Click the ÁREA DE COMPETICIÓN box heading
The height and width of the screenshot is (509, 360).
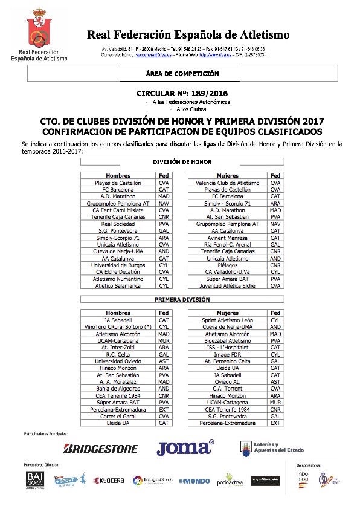click(182, 73)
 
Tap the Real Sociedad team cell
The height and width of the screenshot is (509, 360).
click(118, 224)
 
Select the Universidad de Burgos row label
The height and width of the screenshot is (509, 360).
click(118, 265)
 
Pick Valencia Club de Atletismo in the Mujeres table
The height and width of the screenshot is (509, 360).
click(228, 183)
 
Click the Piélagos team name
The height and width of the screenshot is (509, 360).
click(228, 265)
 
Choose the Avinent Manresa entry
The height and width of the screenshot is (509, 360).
click(228, 238)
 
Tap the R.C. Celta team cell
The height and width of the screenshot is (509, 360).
click(118, 355)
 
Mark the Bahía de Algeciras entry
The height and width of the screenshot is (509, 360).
click(118, 389)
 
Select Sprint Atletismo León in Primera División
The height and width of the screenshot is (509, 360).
click(228, 320)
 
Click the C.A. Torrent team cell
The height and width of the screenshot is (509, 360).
click(228, 389)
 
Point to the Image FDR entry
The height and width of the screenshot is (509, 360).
click(228, 355)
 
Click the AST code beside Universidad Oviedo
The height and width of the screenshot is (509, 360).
click(164, 361)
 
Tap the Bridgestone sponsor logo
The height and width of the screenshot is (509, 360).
click(101, 449)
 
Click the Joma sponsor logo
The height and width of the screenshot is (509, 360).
click(185, 448)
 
